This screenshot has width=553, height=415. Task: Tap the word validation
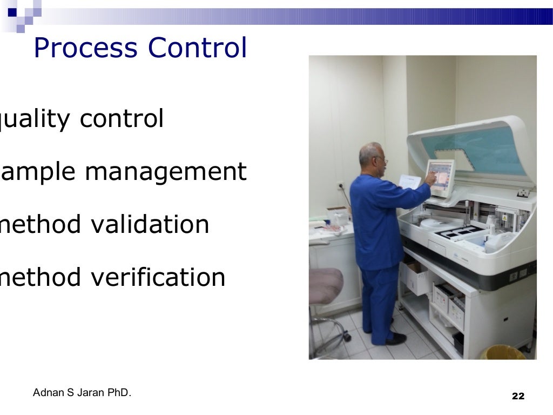coord(149,224)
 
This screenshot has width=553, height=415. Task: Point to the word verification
coord(157,277)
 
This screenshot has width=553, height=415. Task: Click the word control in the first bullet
coord(122,119)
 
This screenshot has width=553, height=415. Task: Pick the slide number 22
coord(517,396)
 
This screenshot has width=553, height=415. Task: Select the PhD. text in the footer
coord(119,393)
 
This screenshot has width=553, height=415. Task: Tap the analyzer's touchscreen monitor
coord(440,177)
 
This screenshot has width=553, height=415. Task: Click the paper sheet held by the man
coord(410,182)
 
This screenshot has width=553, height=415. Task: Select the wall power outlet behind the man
coord(341,186)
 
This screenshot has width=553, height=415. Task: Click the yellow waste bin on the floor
coord(502,353)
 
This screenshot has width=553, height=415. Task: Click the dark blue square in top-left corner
coord(12,11)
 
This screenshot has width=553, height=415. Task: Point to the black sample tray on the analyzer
coord(454,233)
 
